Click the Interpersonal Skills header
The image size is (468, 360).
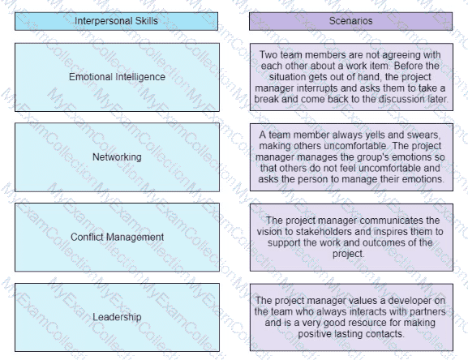[x=116, y=21]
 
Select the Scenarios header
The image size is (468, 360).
[x=350, y=21]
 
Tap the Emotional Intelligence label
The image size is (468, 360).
[x=117, y=77]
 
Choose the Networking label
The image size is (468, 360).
[x=117, y=156]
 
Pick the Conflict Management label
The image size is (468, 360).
[x=117, y=237]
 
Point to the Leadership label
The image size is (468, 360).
[x=117, y=317]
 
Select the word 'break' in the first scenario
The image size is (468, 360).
[x=266, y=99]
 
